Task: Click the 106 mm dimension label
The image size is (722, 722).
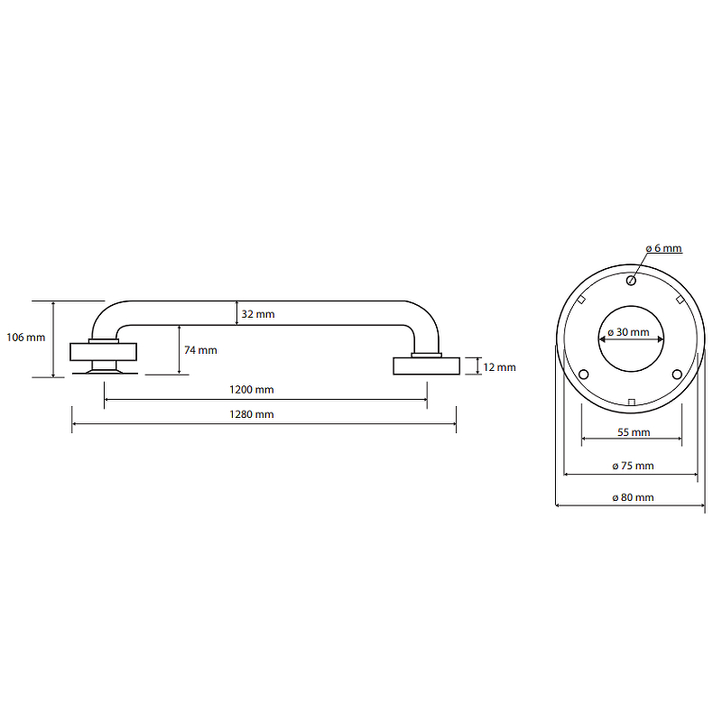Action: point(26,338)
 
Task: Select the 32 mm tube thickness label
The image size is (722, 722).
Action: point(258,314)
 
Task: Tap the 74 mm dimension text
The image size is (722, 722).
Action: point(200,350)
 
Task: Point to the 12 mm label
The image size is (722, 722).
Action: point(499,367)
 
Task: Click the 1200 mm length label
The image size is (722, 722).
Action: point(252,390)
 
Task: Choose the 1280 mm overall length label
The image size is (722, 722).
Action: point(252,414)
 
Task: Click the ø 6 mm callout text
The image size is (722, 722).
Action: point(663,248)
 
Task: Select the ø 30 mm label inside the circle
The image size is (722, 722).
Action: point(628,332)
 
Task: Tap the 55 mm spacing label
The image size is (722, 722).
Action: point(634,432)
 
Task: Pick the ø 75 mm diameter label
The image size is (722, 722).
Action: point(634,466)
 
